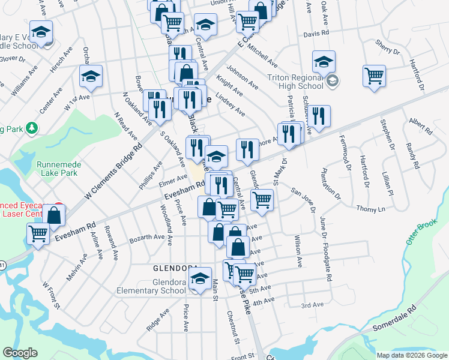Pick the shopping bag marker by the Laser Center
click(54, 215)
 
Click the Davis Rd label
click(317, 34)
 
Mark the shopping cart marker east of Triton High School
click(374, 76)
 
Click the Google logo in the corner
click(20, 353)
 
